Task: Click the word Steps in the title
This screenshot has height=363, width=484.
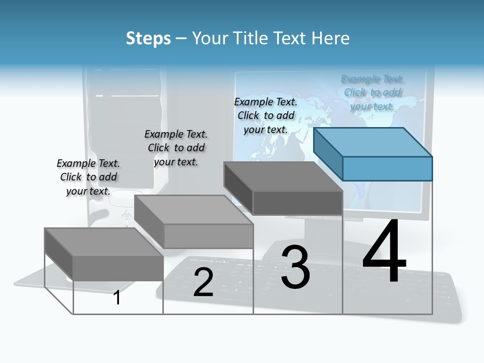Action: click(x=148, y=38)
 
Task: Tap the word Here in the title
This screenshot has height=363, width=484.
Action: click(x=330, y=38)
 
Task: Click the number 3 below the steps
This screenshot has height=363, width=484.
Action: click(x=295, y=267)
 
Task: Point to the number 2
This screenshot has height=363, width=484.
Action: click(x=203, y=282)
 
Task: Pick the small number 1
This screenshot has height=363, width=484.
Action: click(x=117, y=297)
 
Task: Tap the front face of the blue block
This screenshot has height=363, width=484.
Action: click(x=387, y=168)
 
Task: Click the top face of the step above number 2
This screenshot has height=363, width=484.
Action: click(x=194, y=210)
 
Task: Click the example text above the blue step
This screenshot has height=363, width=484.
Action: click(x=373, y=92)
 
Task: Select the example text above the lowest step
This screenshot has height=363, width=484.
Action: click(x=88, y=177)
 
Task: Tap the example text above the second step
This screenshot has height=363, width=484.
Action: click(x=176, y=148)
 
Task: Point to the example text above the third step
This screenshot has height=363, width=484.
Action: click(x=266, y=115)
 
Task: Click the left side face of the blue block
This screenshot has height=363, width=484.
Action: click(x=328, y=153)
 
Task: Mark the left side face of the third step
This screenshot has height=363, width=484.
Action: click(x=238, y=188)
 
